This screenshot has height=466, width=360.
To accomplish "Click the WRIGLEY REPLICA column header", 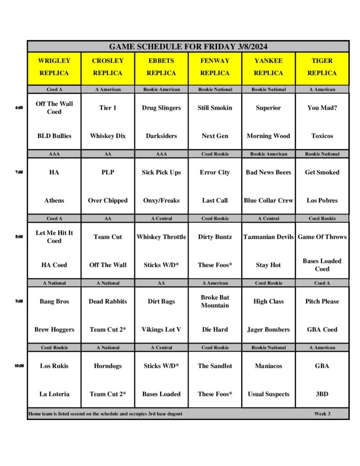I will pos(54,67).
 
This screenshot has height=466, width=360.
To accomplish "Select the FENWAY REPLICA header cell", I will pos(215,67).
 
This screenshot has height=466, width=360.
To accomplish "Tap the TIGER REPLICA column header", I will pos(322,67).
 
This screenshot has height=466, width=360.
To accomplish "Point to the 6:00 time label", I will pos(19,108).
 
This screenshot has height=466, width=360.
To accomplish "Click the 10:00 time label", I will pos(19,366).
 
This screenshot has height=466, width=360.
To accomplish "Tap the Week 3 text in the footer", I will pos(322,414).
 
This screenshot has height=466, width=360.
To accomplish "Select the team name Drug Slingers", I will pos(161,108).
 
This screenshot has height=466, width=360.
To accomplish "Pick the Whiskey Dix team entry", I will pos(108,136).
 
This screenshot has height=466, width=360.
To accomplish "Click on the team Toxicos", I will pos(322,136).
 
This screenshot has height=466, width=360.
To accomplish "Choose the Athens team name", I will pos(54,201).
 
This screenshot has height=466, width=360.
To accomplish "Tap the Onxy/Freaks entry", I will pos(161,201).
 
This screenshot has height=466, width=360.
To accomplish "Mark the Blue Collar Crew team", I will pos(269,201).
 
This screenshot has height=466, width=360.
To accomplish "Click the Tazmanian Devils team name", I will pos(269,237).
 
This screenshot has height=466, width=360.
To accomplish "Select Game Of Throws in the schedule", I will pos(322,237).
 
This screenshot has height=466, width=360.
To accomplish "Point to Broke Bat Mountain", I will pos(215,301).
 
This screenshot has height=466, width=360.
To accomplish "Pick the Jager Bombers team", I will pos(269,330).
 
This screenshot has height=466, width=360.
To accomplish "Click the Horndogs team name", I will pos(108,366).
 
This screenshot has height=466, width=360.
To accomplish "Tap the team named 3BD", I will pos(322,394).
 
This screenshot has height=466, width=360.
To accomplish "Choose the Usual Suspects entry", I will pos(269,394).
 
